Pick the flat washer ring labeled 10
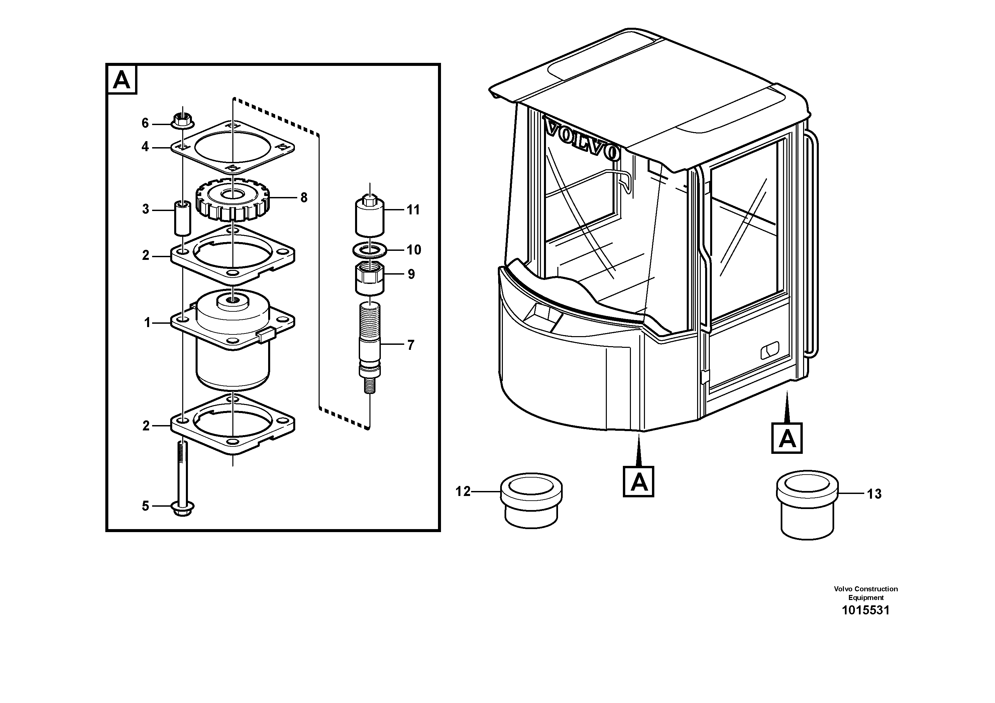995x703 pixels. pyautogui.click(x=369, y=249)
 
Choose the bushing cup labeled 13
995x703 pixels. pyautogui.click(x=807, y=506)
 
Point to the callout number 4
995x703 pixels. pyautogui.click(x=145, y=147)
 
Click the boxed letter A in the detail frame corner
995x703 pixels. pyautogui.click(x=122, y=80)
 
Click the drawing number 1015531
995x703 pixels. pyautogui.click(x=865, y=610)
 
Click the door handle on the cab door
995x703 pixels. pyautogui.click(x=770, y=350)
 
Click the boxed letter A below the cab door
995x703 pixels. pyautogui.click(x=787, y=438)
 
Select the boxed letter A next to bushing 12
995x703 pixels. pyautogui.click(x=638, y=482)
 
